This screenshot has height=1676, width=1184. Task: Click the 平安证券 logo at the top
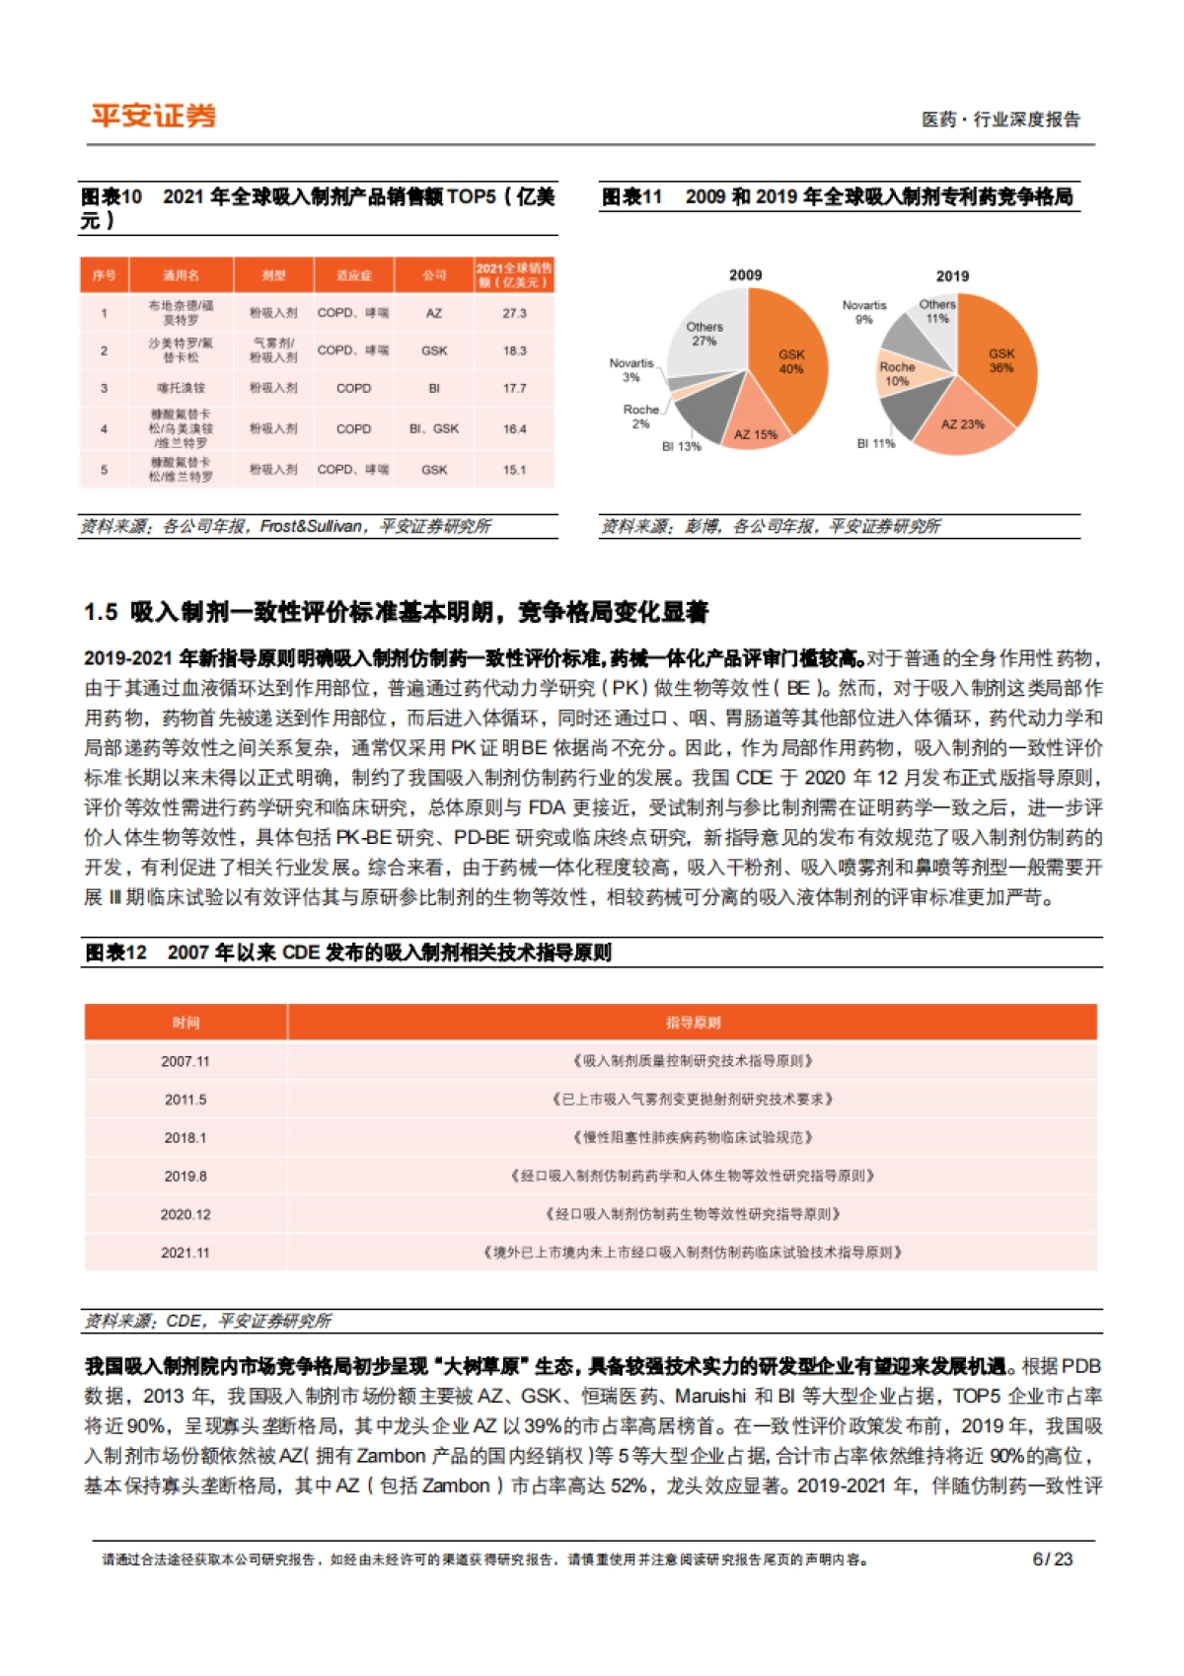153,115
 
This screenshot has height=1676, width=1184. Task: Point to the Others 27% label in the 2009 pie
704,334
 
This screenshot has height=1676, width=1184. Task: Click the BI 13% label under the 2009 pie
681,446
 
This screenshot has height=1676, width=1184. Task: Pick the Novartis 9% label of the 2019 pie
864,312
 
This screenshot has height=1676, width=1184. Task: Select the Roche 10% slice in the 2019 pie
897,374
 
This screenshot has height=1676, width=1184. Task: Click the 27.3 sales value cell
514,313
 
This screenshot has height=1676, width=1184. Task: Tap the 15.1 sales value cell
514,470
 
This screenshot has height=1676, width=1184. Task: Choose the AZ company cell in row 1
434,313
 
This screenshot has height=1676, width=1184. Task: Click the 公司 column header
434,275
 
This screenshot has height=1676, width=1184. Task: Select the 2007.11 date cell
185,1061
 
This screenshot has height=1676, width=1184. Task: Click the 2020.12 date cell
185,1214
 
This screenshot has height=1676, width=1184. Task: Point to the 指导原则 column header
693,1023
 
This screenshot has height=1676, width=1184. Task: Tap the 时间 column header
185,1023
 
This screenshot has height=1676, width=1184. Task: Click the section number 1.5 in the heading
101,613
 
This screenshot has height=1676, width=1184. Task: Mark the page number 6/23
1052,1559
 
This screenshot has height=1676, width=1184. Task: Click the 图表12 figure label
116,952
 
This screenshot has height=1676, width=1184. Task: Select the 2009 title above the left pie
745,275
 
